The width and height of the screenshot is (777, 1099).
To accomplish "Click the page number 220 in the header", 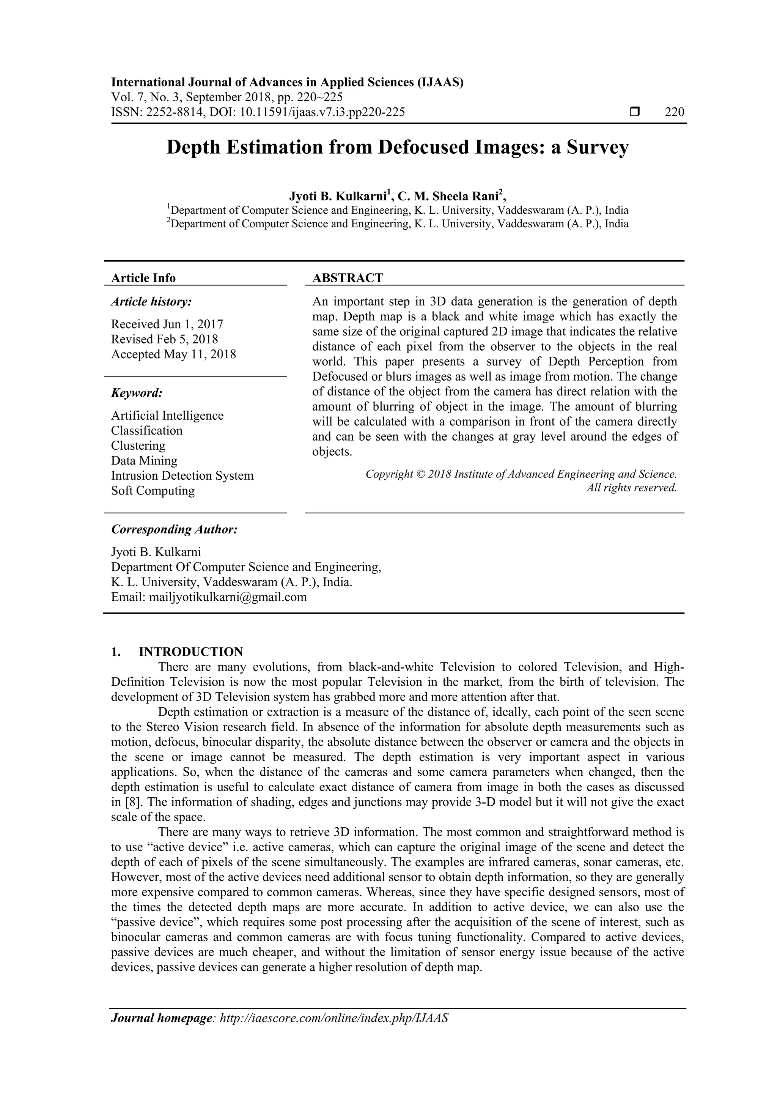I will (x=675, y=112).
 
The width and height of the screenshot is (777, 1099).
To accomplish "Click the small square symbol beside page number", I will (x=634, y=112).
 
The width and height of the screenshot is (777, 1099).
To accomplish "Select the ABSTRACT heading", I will (x=348, y=278).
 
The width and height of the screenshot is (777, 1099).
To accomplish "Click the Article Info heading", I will (x=143, y=278).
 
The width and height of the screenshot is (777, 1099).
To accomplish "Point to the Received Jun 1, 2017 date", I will (x=167, y=324).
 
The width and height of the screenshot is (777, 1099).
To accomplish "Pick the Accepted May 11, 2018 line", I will (x=173, y=354).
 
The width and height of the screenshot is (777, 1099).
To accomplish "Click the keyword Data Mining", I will (x=144, y=460).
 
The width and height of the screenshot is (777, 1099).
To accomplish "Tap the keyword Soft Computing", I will (x=153, y=491).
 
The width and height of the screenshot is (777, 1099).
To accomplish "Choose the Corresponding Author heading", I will (x=174, y=529).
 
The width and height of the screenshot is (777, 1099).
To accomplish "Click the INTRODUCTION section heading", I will (x=190, y=652).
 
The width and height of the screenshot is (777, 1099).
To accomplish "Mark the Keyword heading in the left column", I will (x=137, y=393).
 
